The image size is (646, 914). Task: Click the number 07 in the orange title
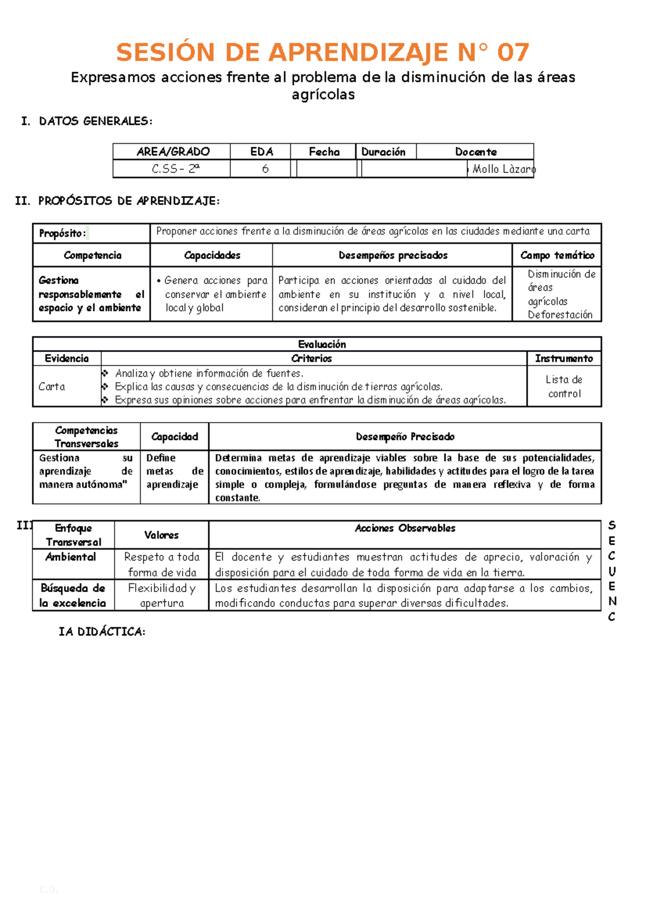(512, 53)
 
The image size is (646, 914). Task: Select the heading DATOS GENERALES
(95, 121)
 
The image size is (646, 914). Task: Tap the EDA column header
(262, 152)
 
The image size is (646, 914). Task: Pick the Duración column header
(383, 152)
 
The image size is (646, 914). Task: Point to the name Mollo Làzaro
(503, 169)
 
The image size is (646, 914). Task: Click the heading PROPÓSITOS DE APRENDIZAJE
(129, 201)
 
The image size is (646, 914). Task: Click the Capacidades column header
(212, 255)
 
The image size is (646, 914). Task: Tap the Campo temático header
(557, 255)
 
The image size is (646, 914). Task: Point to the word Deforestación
(560, 315)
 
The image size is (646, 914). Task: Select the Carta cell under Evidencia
(52, 386)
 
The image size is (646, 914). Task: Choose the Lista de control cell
(564, 386)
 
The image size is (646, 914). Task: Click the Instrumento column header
(564, 358)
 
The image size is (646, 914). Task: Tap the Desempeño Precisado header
(405, 437)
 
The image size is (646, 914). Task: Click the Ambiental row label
(71, 557)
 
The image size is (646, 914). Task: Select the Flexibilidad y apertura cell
(161, 595)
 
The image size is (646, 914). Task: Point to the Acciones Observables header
(405, 529)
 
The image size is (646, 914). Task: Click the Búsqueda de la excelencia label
(73, 595)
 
